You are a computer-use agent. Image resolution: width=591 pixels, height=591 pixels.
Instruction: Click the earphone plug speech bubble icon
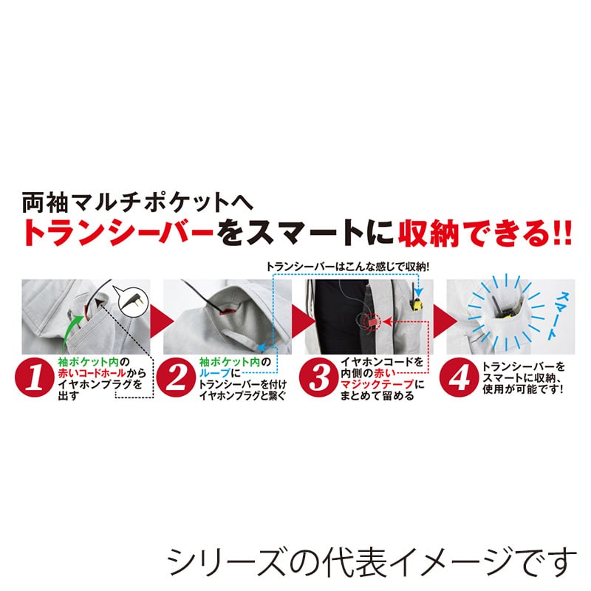(133, 299)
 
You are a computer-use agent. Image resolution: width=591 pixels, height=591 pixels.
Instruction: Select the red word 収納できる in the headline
(473, 232)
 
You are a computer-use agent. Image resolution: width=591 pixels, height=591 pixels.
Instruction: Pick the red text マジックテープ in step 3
(369, 385)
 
